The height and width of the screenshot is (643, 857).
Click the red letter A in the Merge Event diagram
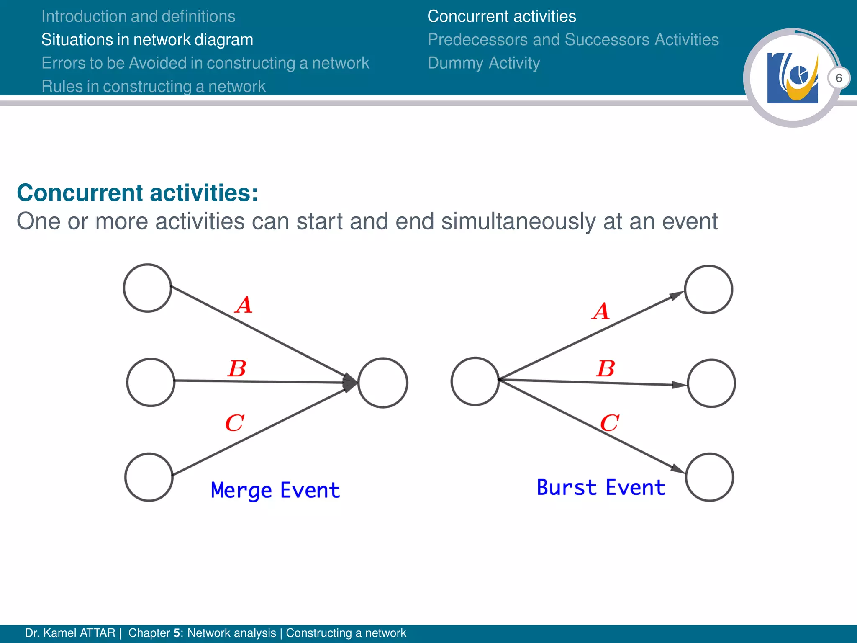(244, 305)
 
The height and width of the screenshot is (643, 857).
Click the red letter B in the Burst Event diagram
(606, 369)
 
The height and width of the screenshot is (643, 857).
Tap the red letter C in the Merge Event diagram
(234, 423)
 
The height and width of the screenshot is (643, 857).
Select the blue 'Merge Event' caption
(275, 490)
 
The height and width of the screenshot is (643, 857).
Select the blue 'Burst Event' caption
(601, 488)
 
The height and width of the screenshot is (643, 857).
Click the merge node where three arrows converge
(382, 383)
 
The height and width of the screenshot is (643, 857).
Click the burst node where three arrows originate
(475, 381)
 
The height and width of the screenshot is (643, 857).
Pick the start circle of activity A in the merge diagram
(147, 288)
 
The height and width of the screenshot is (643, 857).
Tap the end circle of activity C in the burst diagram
(709, 477)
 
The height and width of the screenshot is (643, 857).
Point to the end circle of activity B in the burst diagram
(711, 383)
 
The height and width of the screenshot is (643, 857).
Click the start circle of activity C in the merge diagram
(149, 477)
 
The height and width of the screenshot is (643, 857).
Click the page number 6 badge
(839, 78)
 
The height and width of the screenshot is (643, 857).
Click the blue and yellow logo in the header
(792, 78)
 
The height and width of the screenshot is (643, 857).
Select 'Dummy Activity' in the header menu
(483, 63)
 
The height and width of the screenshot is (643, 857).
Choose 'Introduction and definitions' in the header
(138, 16)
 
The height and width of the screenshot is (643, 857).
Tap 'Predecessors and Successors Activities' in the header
(573, 40)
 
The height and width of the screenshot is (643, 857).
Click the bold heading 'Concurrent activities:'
(137, 193)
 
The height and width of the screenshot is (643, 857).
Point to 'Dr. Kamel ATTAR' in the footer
(70, 633)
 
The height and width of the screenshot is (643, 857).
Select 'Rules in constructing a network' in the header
(153, 87)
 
